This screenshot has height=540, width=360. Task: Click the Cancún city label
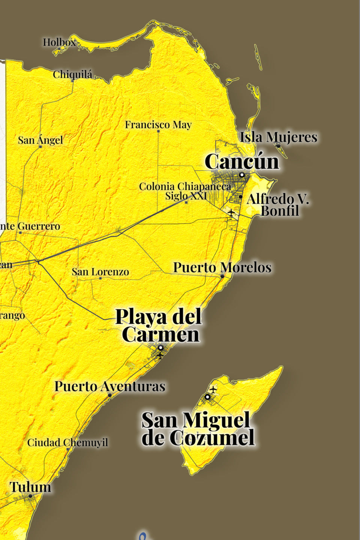point(242,162)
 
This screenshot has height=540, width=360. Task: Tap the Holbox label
point(59,42)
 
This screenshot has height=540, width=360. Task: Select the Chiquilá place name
point(72,75)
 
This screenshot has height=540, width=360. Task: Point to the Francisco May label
point(158,124)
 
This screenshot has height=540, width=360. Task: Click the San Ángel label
point(40,140)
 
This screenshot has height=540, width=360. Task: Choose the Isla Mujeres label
point(279,137)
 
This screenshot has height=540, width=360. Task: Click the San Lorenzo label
point(100,272)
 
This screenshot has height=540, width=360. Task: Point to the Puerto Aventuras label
point(110,386)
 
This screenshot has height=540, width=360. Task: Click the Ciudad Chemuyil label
point(67,442)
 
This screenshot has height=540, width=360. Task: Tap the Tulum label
point(30,487)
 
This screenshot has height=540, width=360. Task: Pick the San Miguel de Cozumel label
point(198,429)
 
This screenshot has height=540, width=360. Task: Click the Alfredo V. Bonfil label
point(278,205)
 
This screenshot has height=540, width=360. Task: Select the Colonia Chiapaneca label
point(185,186)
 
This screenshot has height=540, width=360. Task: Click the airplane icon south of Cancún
point(231,213)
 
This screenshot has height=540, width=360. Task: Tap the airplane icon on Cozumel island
point(213,390)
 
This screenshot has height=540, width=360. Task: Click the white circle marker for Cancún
point(242,175)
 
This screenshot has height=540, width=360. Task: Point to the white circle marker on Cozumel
point(207,397)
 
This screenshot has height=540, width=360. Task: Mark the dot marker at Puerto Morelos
point(222,276)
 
